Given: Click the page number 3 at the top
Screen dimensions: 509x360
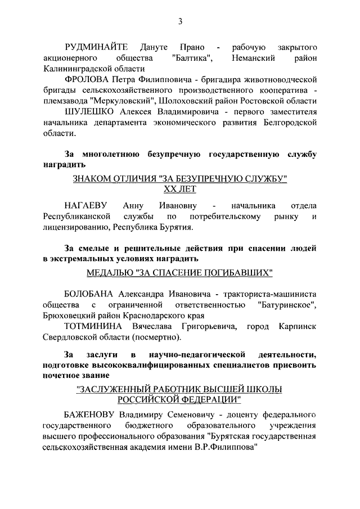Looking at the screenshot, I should point(180,22).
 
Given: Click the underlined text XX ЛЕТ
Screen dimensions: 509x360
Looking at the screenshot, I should point(180,190).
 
